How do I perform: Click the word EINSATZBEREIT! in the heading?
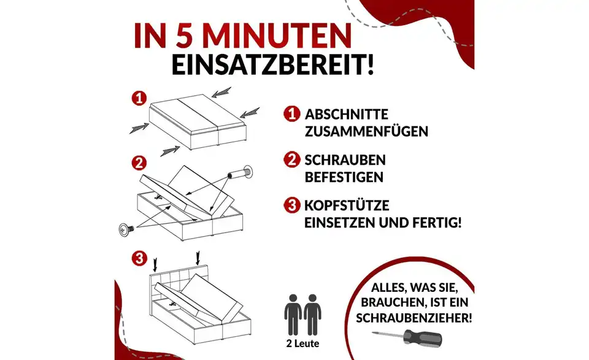click(x=272, y=65)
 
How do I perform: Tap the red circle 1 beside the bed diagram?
click(x=141, y=98)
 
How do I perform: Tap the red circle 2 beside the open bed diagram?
click(x=141, y=163)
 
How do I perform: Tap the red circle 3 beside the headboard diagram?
click(x=141, y=256)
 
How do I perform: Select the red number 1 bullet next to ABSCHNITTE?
click(x=291, y=114)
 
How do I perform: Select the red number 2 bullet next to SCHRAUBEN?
click(x=291, y=160)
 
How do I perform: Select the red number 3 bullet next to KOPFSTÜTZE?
click(x=291, y=205)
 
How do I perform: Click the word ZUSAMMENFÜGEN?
click(x=366, y=131)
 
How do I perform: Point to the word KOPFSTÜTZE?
click(x=347, y=205)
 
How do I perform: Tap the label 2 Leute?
click(x=302, y=343)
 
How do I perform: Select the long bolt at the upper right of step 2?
click(x=241, y=173)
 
